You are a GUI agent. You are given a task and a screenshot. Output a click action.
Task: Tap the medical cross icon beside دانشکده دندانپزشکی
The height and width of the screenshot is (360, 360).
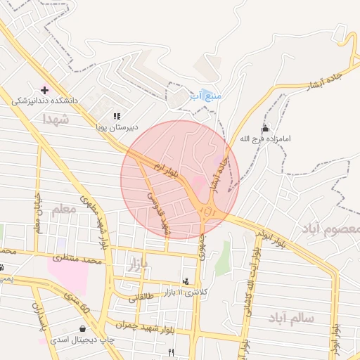46,90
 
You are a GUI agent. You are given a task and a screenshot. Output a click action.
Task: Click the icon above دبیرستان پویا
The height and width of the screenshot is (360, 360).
117,116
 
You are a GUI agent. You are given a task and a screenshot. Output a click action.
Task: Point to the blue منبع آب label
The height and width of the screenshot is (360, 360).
206,95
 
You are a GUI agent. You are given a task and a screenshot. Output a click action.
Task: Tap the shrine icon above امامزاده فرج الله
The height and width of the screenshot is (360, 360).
265,128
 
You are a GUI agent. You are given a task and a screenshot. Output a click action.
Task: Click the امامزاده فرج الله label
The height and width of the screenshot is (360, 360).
264,139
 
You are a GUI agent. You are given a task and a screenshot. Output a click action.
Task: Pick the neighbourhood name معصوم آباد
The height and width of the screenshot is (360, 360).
331,229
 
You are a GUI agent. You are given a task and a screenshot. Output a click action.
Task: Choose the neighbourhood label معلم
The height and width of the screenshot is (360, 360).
63,209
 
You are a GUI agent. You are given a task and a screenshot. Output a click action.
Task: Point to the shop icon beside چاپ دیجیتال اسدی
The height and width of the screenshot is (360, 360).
84,328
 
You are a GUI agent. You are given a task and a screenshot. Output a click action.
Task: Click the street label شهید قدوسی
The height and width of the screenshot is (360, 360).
157,210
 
